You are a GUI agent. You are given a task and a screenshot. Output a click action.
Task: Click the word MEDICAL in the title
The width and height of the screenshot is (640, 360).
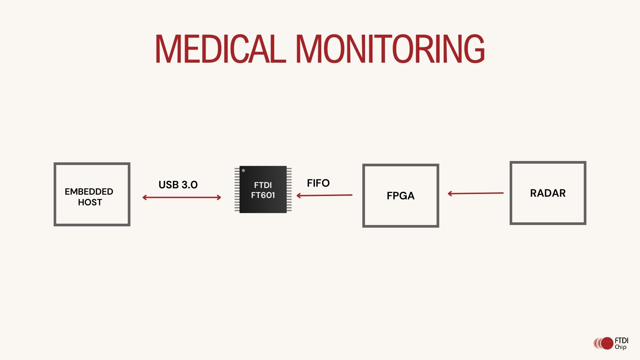point(220,49)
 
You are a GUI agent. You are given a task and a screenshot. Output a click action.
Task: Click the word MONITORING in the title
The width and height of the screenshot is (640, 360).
point(390,49)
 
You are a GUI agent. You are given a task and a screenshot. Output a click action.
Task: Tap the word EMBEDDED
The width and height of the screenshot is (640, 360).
point(89,192)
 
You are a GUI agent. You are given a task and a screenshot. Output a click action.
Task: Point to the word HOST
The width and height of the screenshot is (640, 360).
point(90,202)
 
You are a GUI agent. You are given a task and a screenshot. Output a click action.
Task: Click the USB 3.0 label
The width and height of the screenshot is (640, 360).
point(178,185)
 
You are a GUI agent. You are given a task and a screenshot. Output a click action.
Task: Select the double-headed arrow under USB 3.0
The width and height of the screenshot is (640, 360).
point(182,198)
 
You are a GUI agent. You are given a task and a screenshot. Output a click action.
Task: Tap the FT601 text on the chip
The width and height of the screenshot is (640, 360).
point(263,195)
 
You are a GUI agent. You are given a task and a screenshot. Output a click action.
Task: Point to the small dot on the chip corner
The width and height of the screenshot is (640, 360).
point(243,171)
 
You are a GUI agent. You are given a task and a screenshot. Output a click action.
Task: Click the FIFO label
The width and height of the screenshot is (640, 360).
point(318,183)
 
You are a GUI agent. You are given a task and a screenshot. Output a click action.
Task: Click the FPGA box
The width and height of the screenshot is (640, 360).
point(401,213)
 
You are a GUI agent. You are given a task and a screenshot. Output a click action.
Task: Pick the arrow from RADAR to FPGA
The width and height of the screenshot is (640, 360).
point(476,193)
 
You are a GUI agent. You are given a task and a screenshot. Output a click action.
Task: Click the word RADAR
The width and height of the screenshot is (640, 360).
point(548,193)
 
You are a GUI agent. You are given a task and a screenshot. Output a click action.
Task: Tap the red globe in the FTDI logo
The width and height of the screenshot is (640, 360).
point(607,343)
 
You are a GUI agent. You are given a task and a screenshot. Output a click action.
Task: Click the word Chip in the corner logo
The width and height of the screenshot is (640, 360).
point(621,347)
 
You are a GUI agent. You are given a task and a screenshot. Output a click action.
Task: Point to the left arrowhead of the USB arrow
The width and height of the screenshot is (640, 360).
point(144,198)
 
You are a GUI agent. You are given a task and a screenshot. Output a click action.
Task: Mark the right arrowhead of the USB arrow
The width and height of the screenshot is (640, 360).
point(219,198)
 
